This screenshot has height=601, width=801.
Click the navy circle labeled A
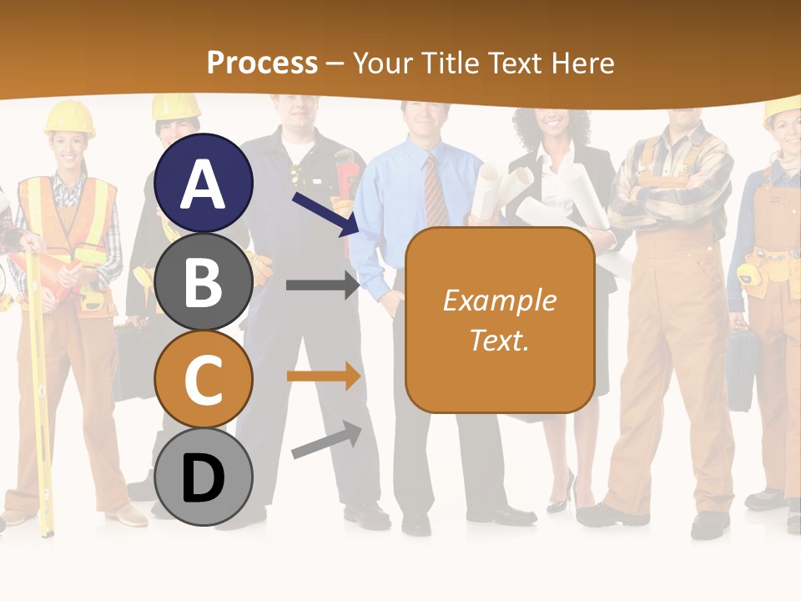[x=204, y=183]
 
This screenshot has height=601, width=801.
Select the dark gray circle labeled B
[x=204, y=281]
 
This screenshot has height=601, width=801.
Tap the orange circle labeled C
[x=204, y=379]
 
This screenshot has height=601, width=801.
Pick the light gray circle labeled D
[x=204, y=477]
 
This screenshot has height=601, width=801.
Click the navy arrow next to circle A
[x=325, y=214]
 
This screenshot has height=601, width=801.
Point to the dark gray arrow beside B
[x=322, y=285]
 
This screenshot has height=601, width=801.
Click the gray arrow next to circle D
[x=326, y=440]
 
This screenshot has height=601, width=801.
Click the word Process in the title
[x=262, y=63]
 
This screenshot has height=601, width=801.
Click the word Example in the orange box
[x=500, y=300]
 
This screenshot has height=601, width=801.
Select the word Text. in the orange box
[x=500, y=340]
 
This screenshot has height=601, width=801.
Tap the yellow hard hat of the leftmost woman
[x=69, y=118]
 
